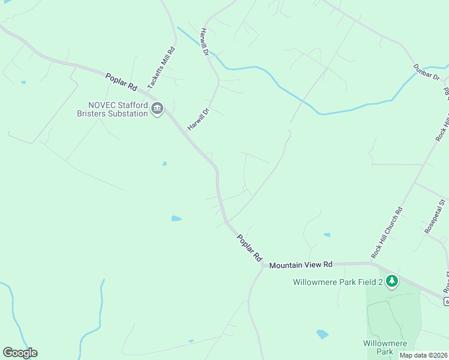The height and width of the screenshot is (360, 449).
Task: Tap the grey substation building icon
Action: [157, 109]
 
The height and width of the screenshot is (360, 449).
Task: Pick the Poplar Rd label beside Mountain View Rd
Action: [249, 247]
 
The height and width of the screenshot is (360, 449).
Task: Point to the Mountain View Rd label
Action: [300, 265]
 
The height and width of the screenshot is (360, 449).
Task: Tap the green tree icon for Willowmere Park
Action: [392, 281]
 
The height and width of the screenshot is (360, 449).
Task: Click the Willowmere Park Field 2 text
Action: [338, 281]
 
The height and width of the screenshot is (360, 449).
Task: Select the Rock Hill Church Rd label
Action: [387, 233]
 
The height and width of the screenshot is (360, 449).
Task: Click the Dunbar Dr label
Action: [427, 73]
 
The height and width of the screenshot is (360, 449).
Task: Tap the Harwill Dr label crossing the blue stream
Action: [205, 43]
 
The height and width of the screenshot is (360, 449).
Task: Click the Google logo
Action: [20, 353]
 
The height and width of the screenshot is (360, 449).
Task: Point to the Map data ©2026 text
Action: [422, 355]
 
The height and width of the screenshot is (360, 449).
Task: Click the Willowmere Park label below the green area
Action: [385, 347]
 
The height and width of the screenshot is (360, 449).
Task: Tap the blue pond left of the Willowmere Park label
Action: [322, 334]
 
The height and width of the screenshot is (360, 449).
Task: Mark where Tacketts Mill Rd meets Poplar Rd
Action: [157, 96]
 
